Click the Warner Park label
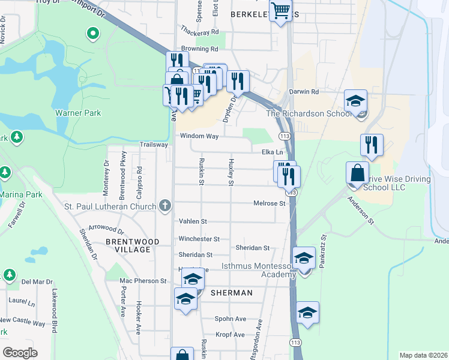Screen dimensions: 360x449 pos(78,113)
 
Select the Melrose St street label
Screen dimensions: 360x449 pos(269,203)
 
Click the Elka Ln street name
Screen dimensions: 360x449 pos(272,152)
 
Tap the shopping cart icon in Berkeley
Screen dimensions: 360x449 pos(280,11)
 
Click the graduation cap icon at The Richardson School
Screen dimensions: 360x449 pos(355,100)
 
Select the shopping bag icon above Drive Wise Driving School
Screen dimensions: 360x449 pos(357,172)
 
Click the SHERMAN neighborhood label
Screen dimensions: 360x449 pos(231,292)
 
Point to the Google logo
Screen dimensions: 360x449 pos(20,352)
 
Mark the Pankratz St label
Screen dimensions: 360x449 pos(322,251)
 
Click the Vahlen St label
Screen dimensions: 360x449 pos(193,221)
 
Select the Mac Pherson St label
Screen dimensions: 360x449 pos(143,281)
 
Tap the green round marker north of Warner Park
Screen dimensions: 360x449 pos(93,34)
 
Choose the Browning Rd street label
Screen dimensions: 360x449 pos(199,49)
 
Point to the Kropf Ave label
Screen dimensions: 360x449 pos(231,334)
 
